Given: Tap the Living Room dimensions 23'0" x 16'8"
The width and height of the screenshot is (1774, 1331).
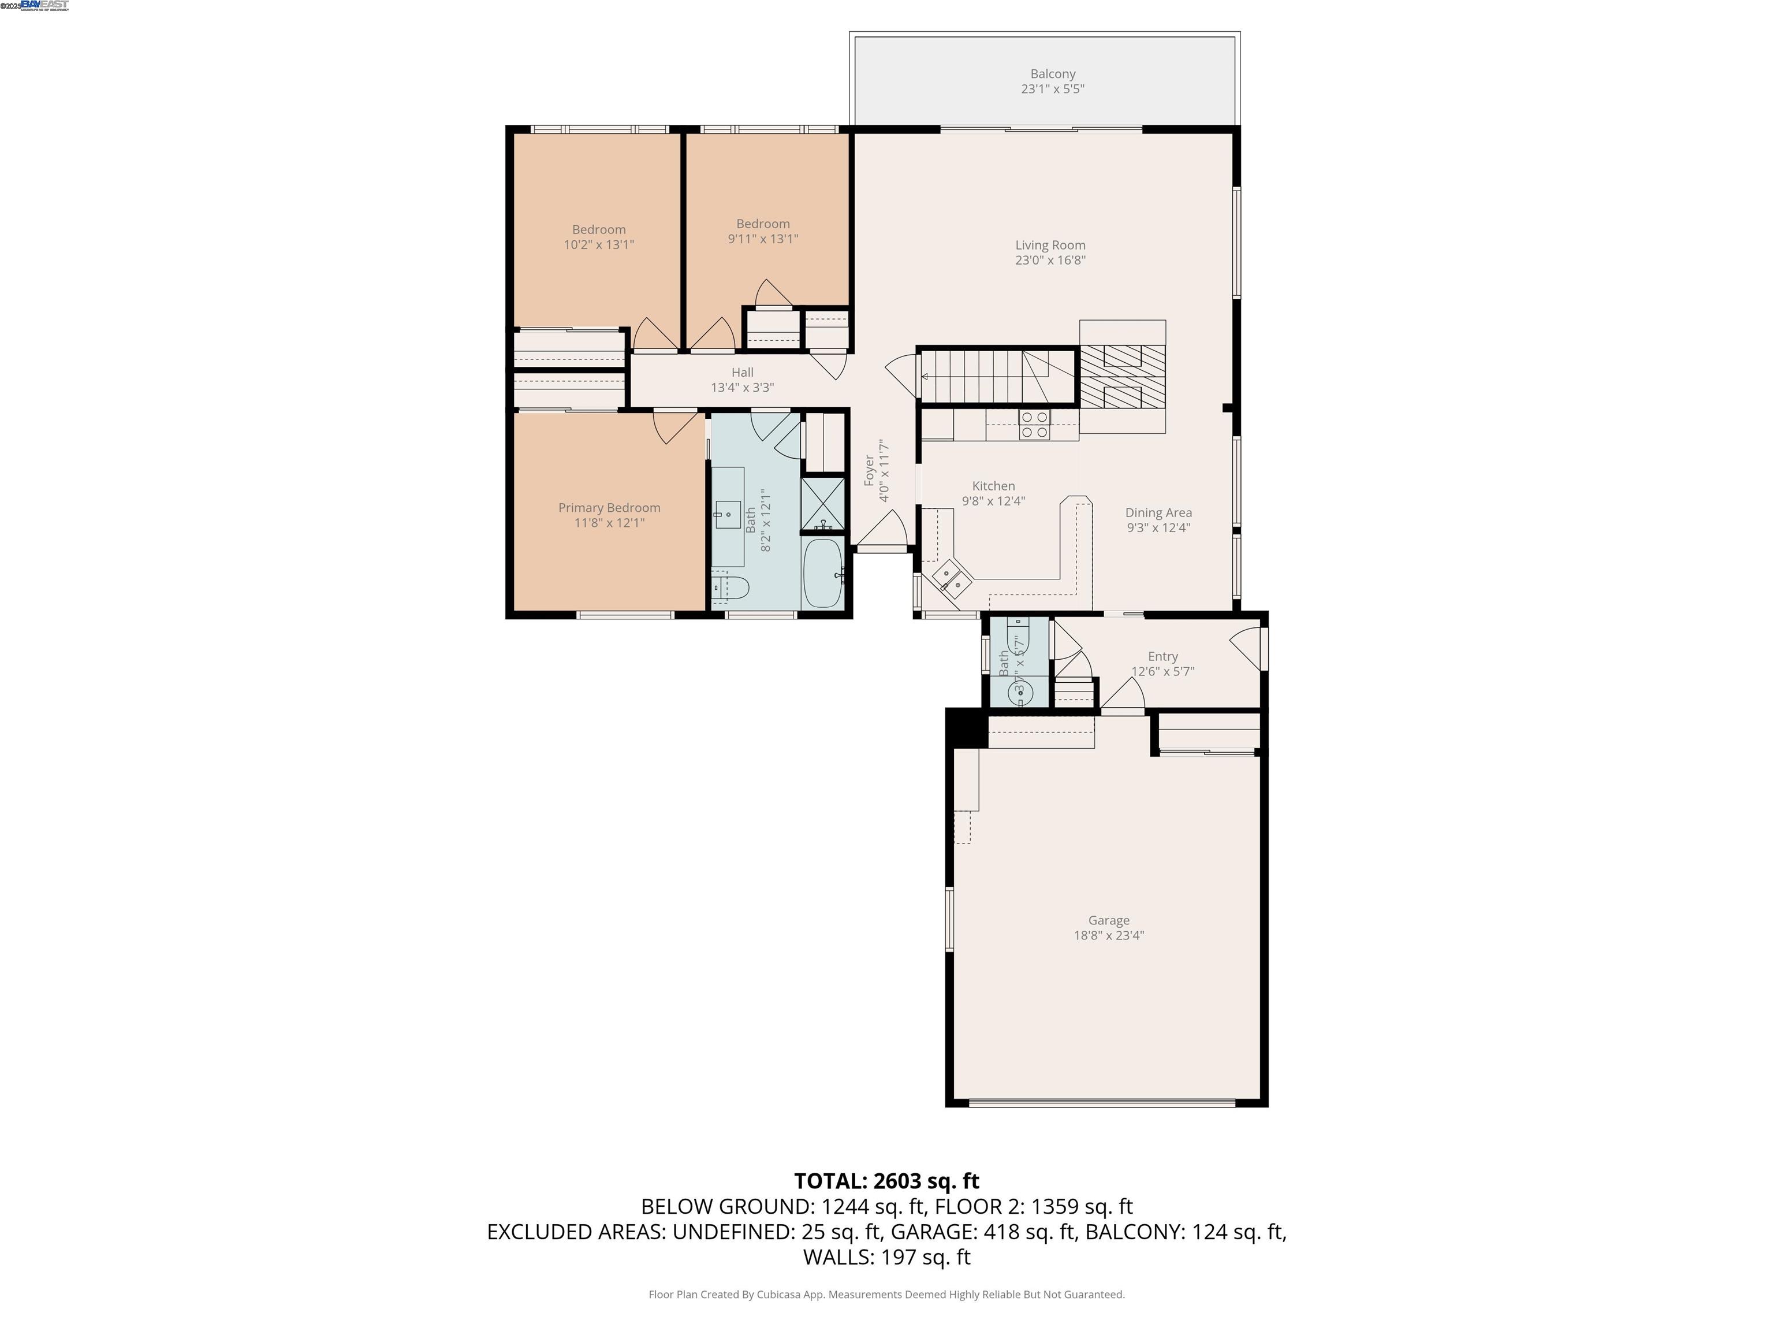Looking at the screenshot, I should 1050,260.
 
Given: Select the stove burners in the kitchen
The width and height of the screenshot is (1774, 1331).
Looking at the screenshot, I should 1034,425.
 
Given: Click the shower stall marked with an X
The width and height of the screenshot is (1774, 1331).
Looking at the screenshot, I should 823,503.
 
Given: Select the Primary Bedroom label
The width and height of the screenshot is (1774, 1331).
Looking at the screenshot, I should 609,508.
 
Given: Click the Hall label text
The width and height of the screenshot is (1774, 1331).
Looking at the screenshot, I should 742,372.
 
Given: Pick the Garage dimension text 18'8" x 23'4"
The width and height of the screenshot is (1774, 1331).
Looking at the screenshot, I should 1108,935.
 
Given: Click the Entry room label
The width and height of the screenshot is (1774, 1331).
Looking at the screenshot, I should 1162,656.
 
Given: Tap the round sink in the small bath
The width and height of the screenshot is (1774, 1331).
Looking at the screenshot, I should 1020,691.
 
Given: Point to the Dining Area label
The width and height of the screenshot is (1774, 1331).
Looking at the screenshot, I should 1158,512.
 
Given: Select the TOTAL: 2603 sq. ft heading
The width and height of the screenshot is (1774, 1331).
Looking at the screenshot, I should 886,1181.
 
